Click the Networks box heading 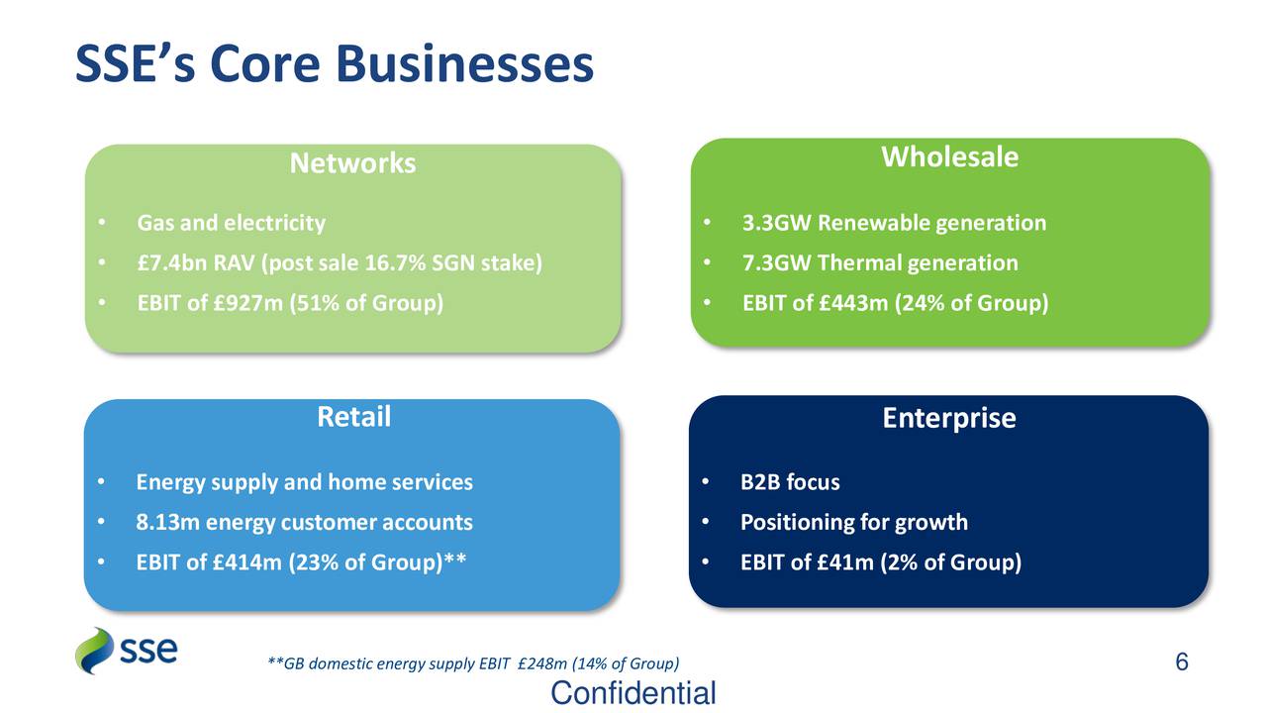(x=352, y=163)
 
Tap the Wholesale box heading (x=949, y=156)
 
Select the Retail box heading (x=353, y=417)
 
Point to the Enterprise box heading (x=948, y=418)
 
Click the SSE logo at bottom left (x=127, y=651)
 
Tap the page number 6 (x=1181, y=662)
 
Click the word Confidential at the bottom (x=633, y=693)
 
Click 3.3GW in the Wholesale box (x=777, y=223)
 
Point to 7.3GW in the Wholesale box (x=777, y=263)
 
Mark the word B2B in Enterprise (x=760, y=482)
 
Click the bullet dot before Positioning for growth (x=705, y=522)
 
